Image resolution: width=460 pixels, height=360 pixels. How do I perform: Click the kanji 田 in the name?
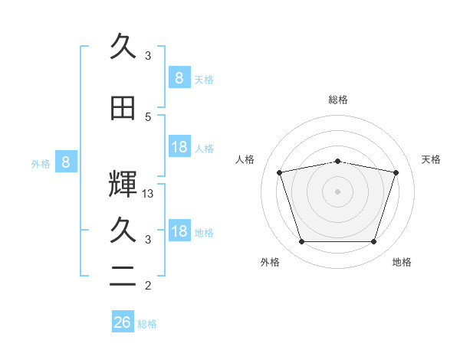123,108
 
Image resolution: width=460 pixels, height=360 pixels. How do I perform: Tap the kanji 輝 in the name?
123,184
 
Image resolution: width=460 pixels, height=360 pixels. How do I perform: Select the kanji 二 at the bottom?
123,276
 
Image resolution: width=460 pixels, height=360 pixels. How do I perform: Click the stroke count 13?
147,194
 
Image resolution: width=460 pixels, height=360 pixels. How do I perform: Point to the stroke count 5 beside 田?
148,117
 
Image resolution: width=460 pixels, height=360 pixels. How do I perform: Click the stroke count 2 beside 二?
148,285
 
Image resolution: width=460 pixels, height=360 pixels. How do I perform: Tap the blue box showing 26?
123,321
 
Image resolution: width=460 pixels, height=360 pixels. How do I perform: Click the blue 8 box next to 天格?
179,77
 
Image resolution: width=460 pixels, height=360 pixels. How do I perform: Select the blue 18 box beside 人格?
179,146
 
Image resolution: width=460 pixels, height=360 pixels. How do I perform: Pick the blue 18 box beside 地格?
179,230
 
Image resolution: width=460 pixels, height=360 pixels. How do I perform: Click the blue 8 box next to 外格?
66,162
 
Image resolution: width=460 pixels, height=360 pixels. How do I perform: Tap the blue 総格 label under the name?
147,324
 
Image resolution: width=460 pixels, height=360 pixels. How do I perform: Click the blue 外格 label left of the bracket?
41,164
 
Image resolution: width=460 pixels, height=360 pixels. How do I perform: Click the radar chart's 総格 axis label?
338,100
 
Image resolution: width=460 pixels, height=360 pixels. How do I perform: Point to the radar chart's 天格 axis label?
431,159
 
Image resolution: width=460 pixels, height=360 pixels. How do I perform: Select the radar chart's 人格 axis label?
245,159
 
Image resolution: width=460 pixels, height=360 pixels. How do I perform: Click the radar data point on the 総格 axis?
338,162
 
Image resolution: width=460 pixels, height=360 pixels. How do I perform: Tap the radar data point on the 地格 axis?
374,241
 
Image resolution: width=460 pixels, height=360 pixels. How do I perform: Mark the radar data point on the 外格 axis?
302,241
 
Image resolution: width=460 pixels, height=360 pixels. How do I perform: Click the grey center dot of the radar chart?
337,191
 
